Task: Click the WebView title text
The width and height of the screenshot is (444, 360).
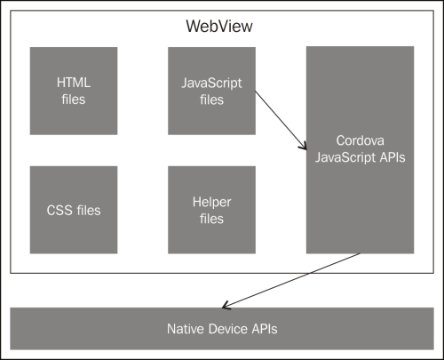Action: (222, 25)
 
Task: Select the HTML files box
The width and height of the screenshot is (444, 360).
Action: (74, 90)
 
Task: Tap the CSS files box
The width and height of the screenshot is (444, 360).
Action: (74, 210)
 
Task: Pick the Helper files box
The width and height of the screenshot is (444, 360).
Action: (211, 210)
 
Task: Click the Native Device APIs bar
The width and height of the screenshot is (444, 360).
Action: (222, 329)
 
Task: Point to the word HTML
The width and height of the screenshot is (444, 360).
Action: (74, 83)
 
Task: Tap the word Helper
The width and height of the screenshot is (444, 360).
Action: (211, 202)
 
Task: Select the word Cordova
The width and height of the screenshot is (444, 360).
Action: (360, 141)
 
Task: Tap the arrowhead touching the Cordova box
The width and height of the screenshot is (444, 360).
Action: (302, 143)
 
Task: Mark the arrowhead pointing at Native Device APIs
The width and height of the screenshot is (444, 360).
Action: (227, 305)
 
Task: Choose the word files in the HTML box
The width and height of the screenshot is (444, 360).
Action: (74, 99)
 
